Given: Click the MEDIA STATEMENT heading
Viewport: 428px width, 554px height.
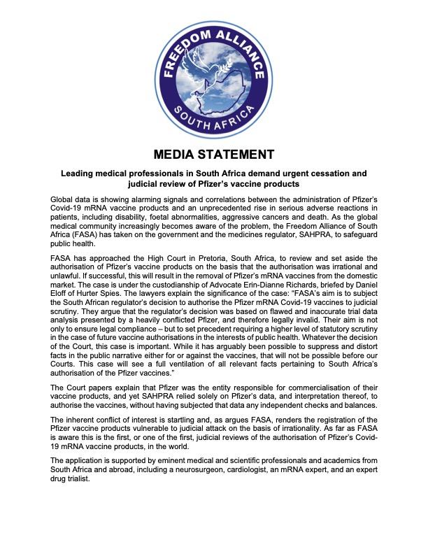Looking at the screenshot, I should click(x=213, y=154).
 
